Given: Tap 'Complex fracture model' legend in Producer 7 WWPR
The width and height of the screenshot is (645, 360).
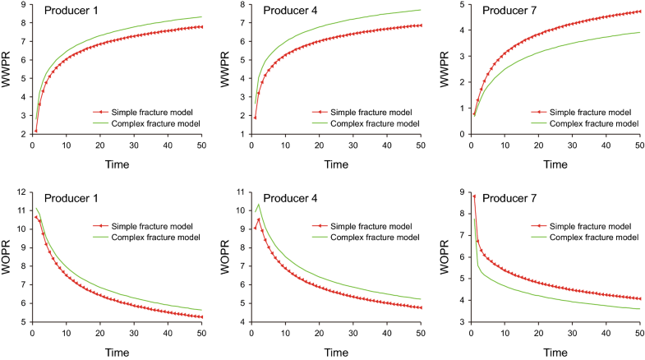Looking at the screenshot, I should tap(593, 123).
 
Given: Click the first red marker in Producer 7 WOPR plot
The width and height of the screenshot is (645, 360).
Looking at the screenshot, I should tap(474, 196).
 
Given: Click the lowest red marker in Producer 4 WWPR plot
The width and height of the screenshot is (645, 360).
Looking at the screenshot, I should tap(254, 118).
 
